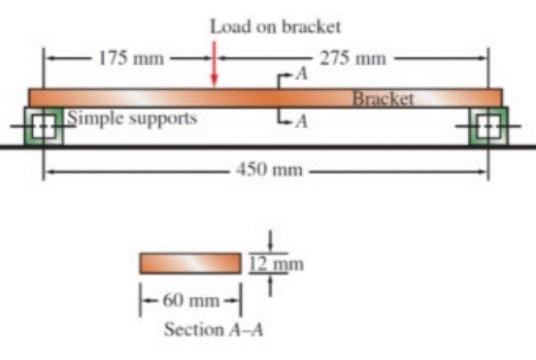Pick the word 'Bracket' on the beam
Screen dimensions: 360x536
[x=384, y=98]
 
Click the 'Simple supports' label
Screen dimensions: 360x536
[x=132, y=118]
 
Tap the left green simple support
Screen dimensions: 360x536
[x=43, y=127]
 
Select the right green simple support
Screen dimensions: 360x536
[x=486, y=127]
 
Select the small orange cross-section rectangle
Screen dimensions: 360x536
[x=189, y=263]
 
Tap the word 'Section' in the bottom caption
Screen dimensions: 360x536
[x=193, y=329]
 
